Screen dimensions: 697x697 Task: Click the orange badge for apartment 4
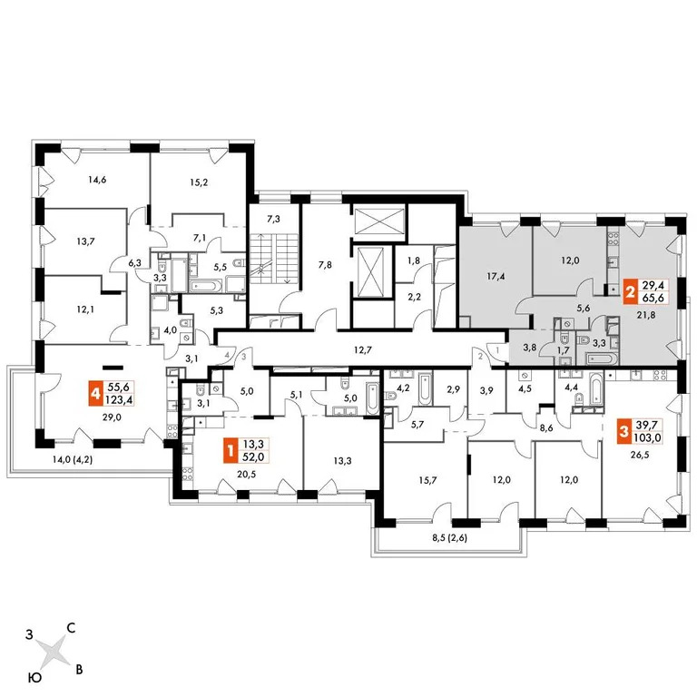[x=94, y=393]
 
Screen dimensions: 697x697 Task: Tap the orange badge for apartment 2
[x=631, y=293]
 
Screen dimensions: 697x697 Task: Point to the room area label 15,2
[x=197, y=180]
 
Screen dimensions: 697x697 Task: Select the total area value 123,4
[x=117, y=399]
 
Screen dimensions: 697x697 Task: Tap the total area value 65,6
[x=653, y=299]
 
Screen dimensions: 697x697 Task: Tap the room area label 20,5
[x=240, y=472]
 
